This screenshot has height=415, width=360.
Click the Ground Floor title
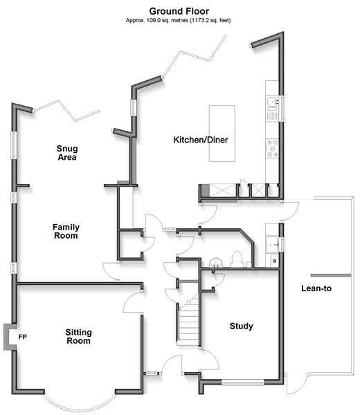(x=179, y=11)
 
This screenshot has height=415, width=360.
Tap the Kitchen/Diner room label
(x=201, y=140)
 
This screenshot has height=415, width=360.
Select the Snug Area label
(x=67, y=153)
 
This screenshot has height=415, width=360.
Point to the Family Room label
(x=66, y=231)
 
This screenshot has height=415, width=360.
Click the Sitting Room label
(x=78, y=336)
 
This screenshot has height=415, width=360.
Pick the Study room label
(x=241, y=326)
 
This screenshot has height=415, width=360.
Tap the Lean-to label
(x=316, y=288)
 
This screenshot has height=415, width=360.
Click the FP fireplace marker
(x=23, y=337)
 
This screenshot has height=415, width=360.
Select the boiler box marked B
(x=275, y=261)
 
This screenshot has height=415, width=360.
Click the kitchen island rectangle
(x=222, y=133)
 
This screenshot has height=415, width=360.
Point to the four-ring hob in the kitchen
(x=272, y=149)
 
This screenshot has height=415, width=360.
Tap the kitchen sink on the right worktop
(x=272, y=104)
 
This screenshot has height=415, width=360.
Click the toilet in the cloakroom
(x=237, y=259)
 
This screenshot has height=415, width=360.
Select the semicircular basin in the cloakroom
(x=216, y=263)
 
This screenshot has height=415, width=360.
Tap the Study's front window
(x=242, y=382)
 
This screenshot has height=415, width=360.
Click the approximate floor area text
(x=178, y=20)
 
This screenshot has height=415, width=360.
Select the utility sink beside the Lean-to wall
(x=272, y=244)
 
